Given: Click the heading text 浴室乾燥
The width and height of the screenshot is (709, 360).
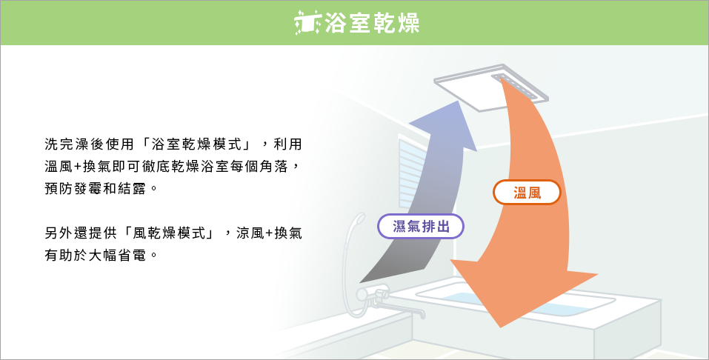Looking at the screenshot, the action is [372, 23].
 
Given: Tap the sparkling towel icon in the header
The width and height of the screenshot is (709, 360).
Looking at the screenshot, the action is [307, 23].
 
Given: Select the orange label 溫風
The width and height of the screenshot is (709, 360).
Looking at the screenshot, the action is [527, 193].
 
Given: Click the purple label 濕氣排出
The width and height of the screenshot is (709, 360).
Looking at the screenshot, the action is [421, 226].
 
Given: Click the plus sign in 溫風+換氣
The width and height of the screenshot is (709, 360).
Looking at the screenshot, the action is [77, 167].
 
